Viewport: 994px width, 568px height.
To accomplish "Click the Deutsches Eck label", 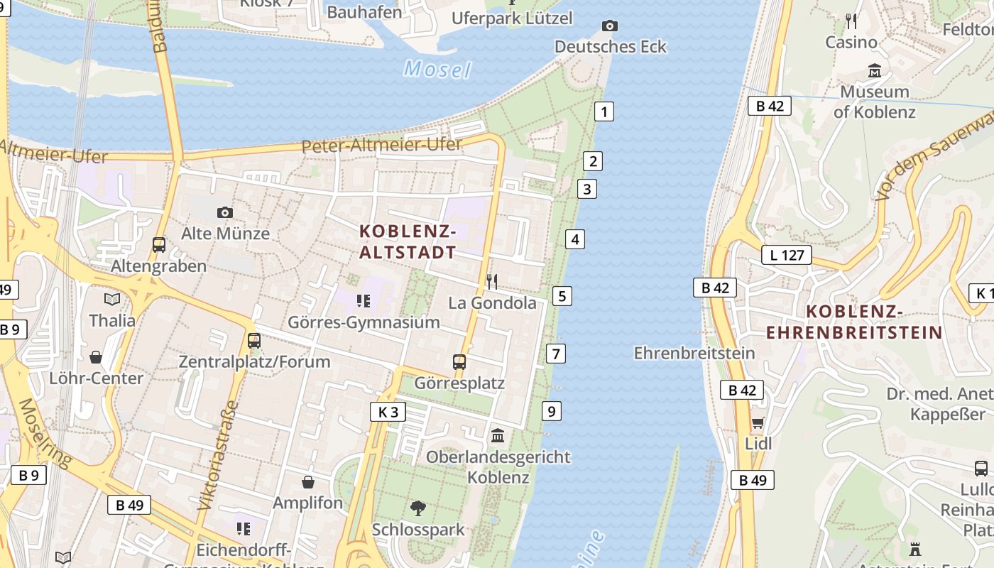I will [610, 47].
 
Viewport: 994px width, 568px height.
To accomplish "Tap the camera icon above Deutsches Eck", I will [609, 26].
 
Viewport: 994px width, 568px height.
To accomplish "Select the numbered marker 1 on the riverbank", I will [603, 111].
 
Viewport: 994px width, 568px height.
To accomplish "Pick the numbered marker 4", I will [575, 239].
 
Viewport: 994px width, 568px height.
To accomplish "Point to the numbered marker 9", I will [551, 410].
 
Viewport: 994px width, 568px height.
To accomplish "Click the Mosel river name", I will [437, 70].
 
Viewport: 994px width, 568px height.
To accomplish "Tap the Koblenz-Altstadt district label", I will [408, 241].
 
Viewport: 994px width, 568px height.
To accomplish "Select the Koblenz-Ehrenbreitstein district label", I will [854, 322].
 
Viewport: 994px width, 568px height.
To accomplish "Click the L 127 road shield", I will [786, 255].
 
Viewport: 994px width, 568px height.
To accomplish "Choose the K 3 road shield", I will [388, 412].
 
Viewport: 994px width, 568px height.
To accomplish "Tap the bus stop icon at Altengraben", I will [159, 245].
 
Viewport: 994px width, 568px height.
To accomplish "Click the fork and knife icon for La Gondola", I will [492, 282].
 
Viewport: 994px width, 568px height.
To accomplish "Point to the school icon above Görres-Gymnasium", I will [364, 301].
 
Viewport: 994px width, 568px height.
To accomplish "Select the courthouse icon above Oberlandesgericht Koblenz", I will [498, 435].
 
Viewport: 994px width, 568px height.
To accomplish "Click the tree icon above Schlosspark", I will [418, 508].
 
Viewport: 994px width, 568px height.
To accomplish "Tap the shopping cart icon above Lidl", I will [758, 423].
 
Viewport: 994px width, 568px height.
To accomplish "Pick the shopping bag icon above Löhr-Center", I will [96, 356].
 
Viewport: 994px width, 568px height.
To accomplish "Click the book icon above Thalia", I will [111, 299].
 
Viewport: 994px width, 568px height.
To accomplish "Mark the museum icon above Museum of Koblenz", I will [874, 71].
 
